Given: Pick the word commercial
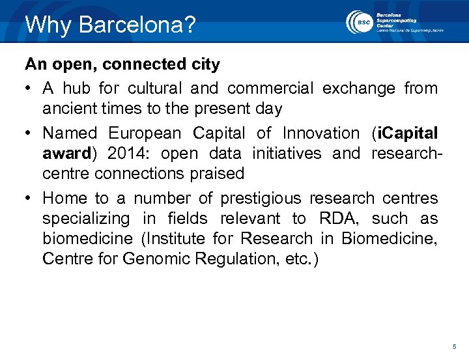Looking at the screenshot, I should [x=270, y=88].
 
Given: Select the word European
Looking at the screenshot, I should [x=145, y=133].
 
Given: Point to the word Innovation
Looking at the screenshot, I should [x=320, y=133].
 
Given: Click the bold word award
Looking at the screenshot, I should [x=65, y=154].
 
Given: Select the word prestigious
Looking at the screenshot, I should [x=261, y=198].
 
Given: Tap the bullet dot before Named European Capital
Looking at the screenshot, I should [x=29, y=133].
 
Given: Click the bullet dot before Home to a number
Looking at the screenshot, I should [x=29, y=198].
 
